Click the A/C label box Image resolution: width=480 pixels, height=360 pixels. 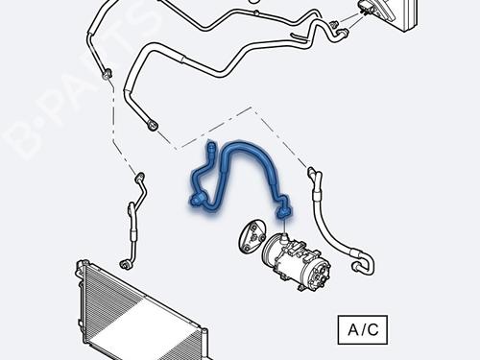[x=364, y=330]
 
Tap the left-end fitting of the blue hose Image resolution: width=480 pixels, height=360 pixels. [x=197, y=200]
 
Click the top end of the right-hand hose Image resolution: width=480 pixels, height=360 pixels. [x=312, y=173]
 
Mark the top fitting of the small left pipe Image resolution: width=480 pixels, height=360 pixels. [x=140, y=177]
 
